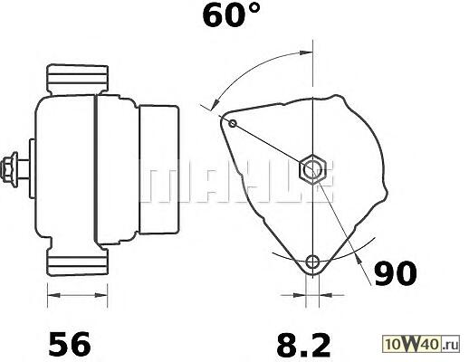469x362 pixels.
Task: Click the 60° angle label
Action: click(x=231, y=15)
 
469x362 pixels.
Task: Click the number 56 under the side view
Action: click(x=70, y=344)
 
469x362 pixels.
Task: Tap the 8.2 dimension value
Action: click(x=303, y=344)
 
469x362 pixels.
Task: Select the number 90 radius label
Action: click(x=396, y=273)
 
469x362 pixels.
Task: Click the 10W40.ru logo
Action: click(x=421, y=344)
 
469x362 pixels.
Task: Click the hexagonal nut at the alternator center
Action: click(x=312, y=169)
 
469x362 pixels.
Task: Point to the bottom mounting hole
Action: click(x=312, y=262)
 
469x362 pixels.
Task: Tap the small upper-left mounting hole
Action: click(x=233, y=123)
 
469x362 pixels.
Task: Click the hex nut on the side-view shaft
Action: click(x=9, y=170)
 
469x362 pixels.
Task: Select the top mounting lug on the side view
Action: click(x=78, y=80)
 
